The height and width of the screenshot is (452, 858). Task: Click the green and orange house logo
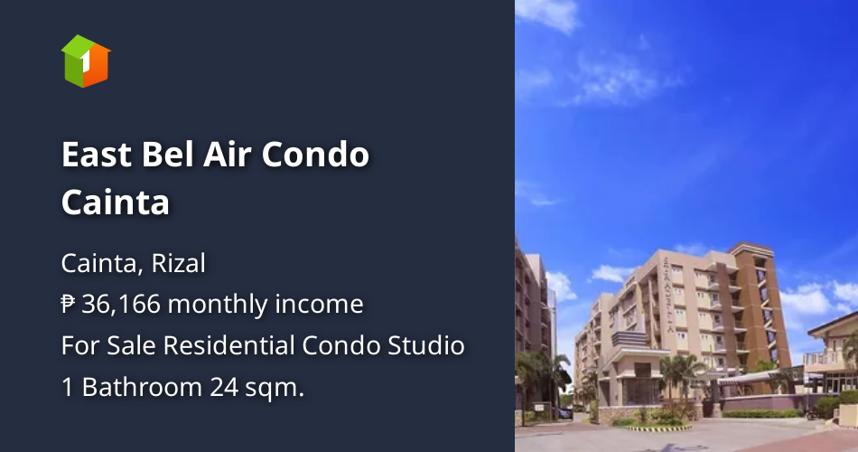(86, 61)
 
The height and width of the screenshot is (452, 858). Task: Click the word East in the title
(94, 155)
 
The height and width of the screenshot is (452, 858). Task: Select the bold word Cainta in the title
(116, 202)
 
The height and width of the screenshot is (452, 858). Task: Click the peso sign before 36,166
(69, 305)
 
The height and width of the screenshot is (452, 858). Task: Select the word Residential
(232, 345)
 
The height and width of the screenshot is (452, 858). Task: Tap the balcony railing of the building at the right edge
(826, 360)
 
